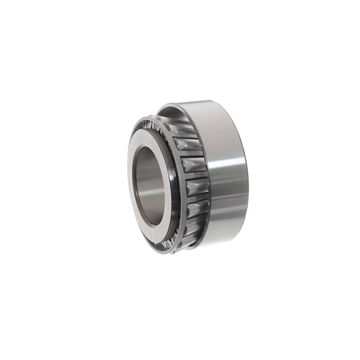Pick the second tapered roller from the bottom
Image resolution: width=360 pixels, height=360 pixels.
[x=195, y=210]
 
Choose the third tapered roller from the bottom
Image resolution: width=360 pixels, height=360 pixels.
[x=196, y=187]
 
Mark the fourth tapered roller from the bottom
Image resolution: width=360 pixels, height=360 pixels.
[x=193, y=165]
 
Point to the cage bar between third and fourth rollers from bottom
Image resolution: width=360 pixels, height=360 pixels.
[x=195, y=176]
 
